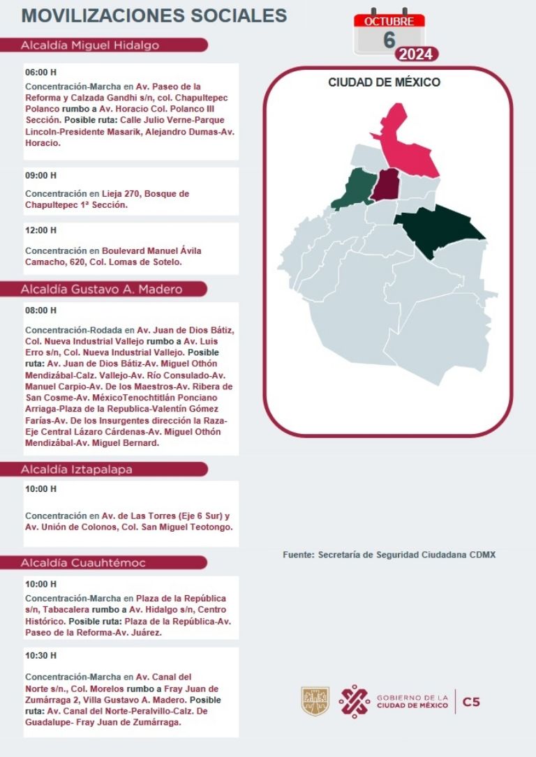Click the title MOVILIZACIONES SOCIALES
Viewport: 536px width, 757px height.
[x=154, y=16]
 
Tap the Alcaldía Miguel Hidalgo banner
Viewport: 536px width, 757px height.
[x=91, y=45]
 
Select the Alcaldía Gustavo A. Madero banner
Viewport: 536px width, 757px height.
[x=102, y=289]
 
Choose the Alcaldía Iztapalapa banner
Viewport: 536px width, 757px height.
[x=77, y=470]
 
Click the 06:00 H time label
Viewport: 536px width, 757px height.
[x=40, y=72]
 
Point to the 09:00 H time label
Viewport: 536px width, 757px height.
[x=40, y=175]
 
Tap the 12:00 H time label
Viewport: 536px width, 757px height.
[x=40, y=230]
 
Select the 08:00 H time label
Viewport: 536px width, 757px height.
[x=40, y=310]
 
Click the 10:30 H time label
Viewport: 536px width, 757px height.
[x=40, y=656]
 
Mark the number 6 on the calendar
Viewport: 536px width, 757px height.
[x=389, y=40]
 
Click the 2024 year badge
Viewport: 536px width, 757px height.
[x=417, y=54]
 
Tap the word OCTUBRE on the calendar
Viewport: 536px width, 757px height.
[x=389, y=21]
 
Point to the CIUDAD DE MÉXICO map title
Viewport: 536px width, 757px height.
[x=384, y=82]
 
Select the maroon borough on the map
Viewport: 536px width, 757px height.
[x=385, y=185]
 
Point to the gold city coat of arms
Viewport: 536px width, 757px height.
[x=315, y=701]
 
